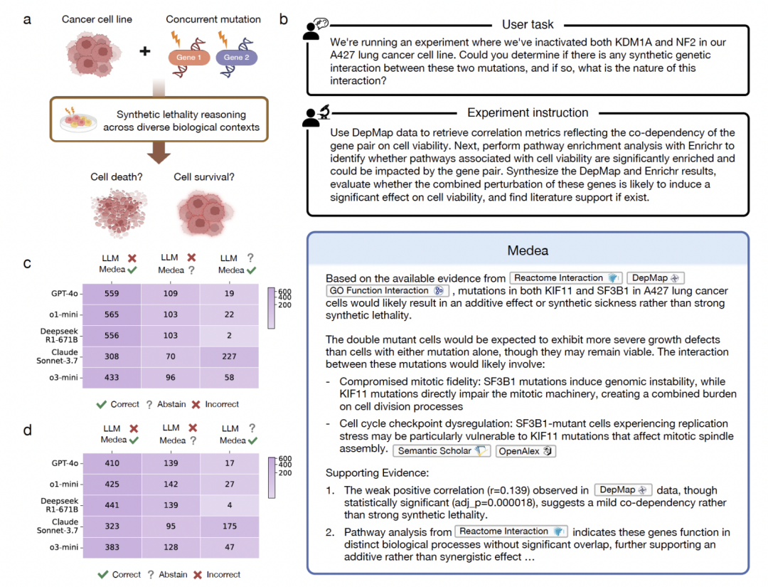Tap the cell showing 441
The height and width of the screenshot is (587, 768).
coord(112,505)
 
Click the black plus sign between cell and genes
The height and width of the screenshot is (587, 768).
coord(145,52)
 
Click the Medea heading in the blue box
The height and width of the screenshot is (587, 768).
coord(528,250)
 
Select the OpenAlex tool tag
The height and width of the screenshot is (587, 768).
coord(527,450)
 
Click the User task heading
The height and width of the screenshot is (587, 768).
coord(528,25)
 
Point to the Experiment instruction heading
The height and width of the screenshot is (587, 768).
coord(528,112)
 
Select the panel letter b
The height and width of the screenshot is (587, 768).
coord(284,19)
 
